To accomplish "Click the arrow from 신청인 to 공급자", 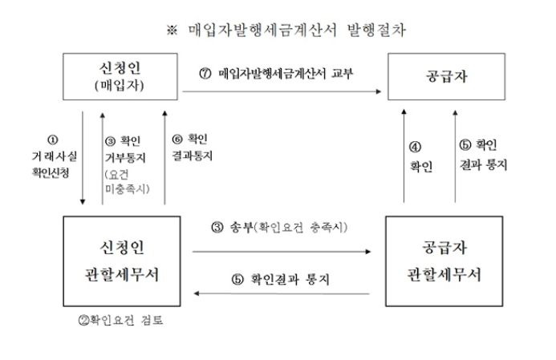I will (x=281, y=91).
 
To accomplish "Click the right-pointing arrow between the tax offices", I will (x=281, y=251).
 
